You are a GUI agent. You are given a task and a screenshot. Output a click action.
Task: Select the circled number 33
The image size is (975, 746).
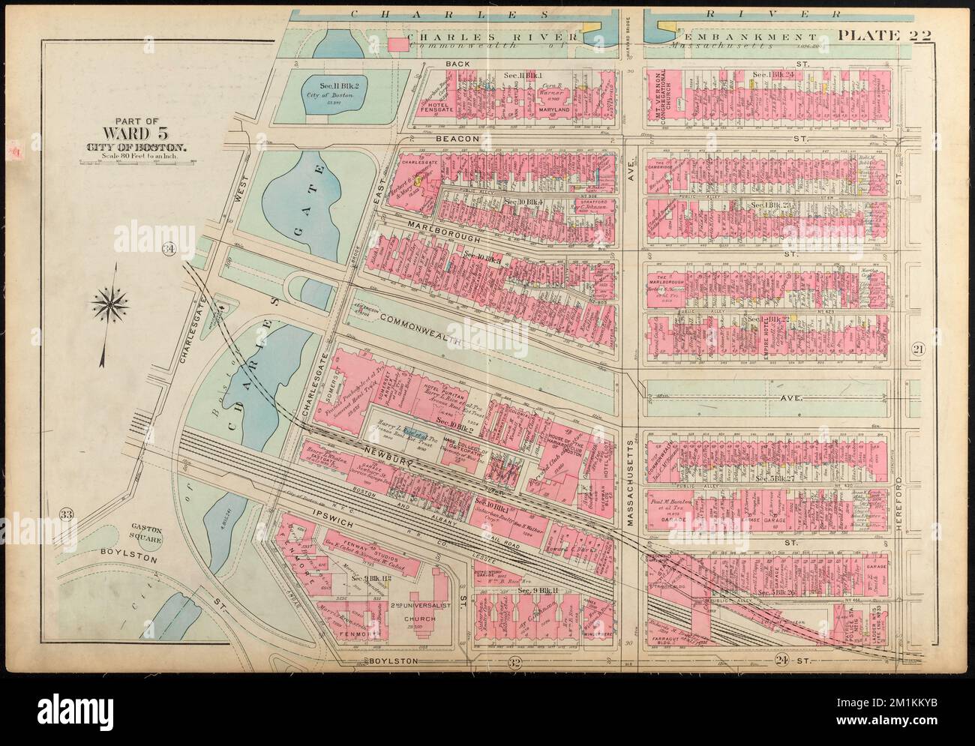click(x=68, y=513)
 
